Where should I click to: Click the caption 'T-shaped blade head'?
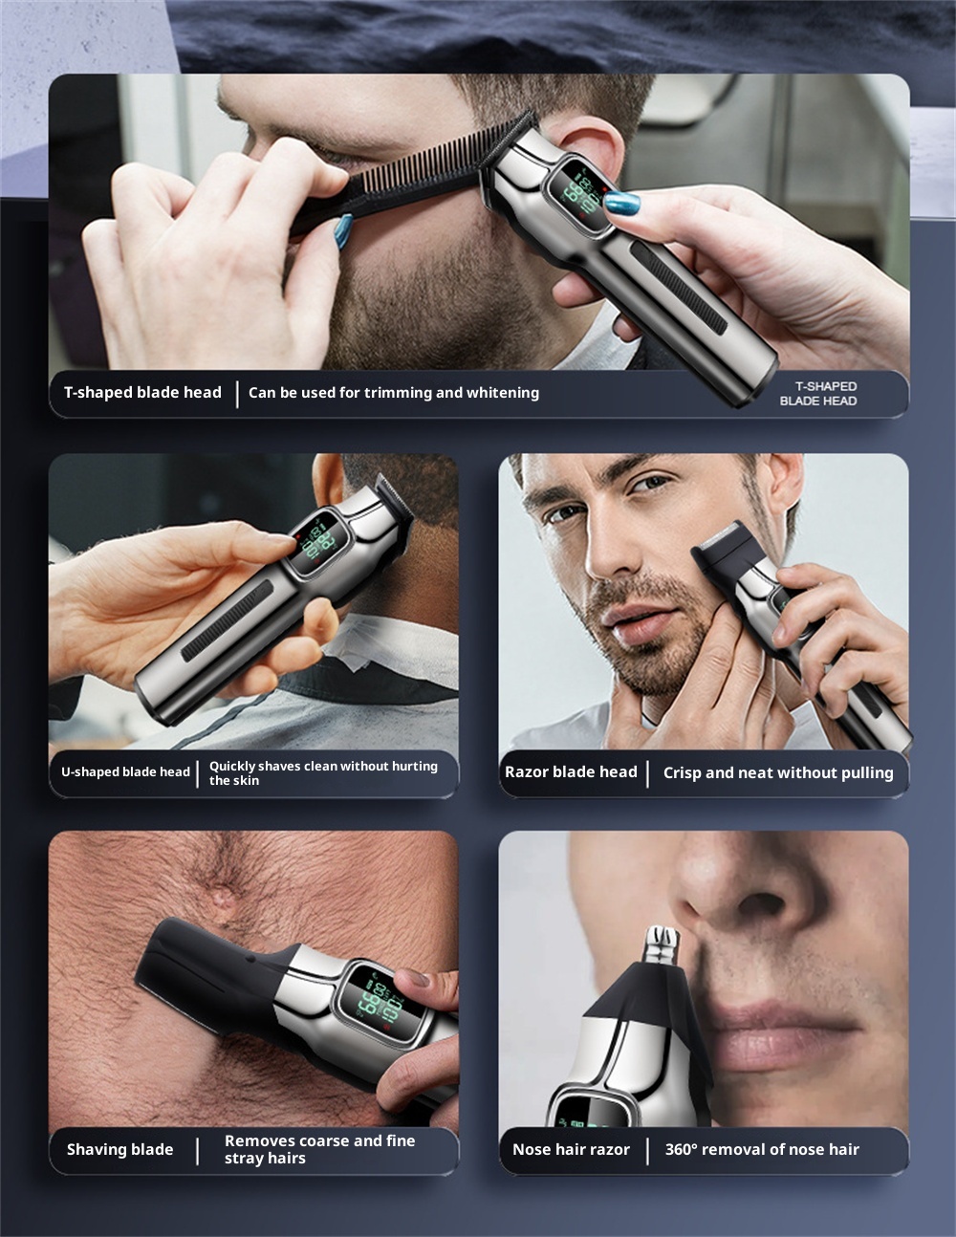click(x=142, y=393)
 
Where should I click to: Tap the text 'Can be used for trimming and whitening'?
click(x=394, y=393)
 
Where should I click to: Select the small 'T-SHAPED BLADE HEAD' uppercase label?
click(x=818, y=393)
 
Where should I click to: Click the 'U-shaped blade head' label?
click(x=125, y=771)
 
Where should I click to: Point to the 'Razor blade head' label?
click(x=571, y=771)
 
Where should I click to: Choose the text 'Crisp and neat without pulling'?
click(x=778, y=773)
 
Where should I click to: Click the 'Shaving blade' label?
click(x=120, y=1149)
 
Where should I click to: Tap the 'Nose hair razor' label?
click(x=571, y=1149)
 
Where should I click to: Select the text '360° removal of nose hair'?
click(x=762, y=1149)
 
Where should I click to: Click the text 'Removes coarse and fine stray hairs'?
click(x=320, y=1149)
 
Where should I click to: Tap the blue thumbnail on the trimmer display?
click(x=621, y=202)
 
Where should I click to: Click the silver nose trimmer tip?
click(x=662, y=944)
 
